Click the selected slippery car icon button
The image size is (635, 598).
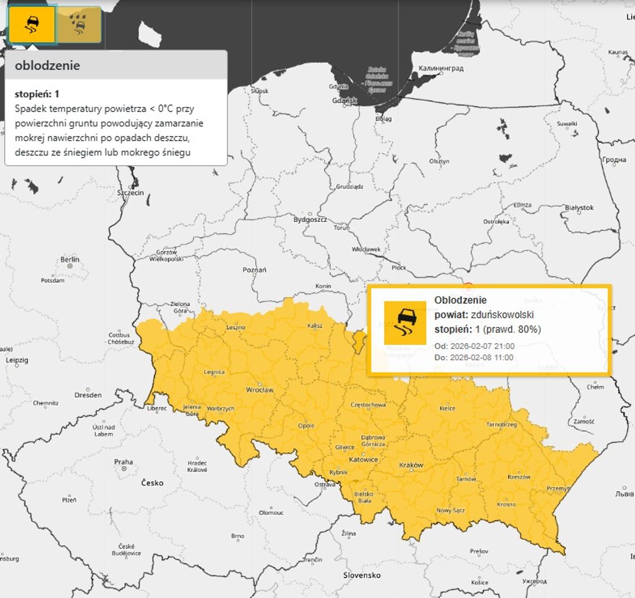pyautogui.click(x=32, y=25)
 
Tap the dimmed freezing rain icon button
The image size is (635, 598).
pyautogui.click(x=79, y=25)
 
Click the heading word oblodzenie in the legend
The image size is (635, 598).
pyautogui.click(x=47, y=66)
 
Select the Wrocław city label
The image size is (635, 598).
pyautogui.click(x=260, y=390)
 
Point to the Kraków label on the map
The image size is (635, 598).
pyautogui.click(x=411, y=465)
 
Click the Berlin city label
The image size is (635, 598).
pyautogui.click(x=70, y=260)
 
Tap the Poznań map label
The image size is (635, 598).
pyautogui.click(x=255, y=270)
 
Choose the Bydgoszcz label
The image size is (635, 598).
pyautogui.click(x=310, y=220)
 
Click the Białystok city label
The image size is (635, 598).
pyautogui.click(x=579, y=208)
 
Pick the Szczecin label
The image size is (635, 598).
pyautogui.click(x=130, y=193)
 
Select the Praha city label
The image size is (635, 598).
pyautogui.click(x=123, y=462)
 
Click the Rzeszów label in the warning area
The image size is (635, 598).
pyautogui.click(x=519, y=477)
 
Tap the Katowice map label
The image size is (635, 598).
pyautogui.click(x=363, y=459)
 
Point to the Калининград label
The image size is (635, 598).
pyautogui.click(x=441, y=68)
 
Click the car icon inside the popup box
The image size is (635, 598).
pyautogui.click(x=405, y=323)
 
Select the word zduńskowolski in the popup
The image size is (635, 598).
pyautogui.click(x=502, y=315)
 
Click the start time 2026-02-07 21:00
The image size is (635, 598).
pyautogui.click(x=482, y=347)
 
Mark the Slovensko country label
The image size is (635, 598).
pyautogui.click(x=362, y=575)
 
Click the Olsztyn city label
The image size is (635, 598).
pyautogui.click(x=439, y=161)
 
